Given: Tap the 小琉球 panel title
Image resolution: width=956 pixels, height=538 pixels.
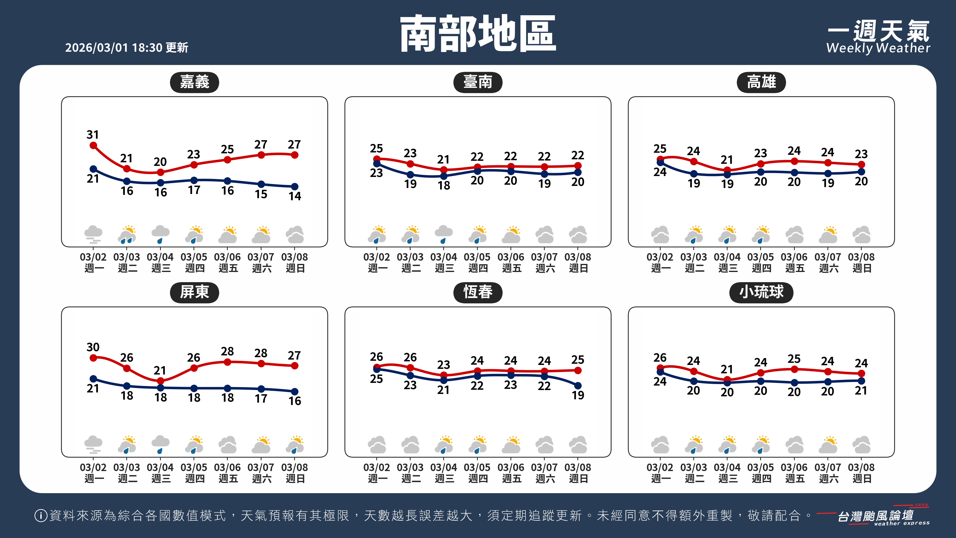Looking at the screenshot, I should pyautogui.click(x=761, y=292).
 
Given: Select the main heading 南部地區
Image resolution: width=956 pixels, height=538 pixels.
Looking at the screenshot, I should pyautogui.click(x=478, y=34).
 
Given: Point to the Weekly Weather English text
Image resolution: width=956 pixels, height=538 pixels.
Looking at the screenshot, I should pyautogui.click(x=878, y=48).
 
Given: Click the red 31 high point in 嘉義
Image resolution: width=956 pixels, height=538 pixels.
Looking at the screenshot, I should pyautogui.click(x=94, y=146).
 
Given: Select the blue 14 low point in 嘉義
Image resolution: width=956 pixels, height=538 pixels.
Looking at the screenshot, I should pyautogui.click(x=295, y=187).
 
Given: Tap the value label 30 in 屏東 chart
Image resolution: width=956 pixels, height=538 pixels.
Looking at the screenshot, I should pyautogui.click(x=93, y=347).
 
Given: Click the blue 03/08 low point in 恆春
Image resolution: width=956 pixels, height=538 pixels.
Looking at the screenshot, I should pyautogui.click(x=578, y=385).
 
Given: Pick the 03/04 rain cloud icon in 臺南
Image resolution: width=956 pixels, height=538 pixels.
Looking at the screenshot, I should pyautogui.click(x=443, y=234).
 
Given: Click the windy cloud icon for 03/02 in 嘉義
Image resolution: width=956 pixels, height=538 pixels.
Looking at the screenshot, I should pyautogui.click(x=93, y=234).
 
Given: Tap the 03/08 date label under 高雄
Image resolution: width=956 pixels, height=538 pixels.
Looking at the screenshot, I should pyautogui.click(x=861, y=257).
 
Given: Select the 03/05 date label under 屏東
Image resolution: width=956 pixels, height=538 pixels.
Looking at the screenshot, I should pyautogui.click(x=194, y=467).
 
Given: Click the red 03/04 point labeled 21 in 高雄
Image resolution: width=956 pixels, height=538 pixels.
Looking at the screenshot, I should pyautogui.click(x=727, y=170).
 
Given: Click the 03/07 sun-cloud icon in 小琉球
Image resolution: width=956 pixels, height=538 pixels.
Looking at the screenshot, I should pyautogui.click(x=828, y=444).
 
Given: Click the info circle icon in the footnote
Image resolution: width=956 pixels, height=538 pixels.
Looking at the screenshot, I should pyautogui.click(x=40, y=515).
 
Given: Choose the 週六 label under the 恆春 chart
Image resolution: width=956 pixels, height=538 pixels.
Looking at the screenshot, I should pyautogui.click(x=545, y=479).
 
